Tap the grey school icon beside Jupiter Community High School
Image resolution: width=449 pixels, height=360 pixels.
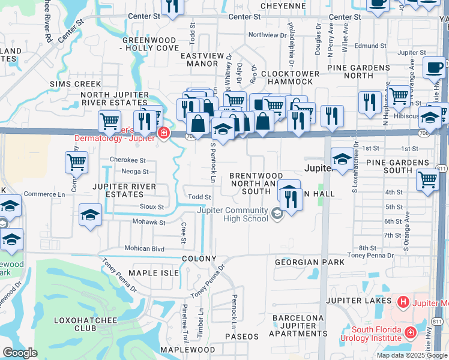pos(277,214)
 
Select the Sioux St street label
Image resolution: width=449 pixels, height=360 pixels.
pos(152,207)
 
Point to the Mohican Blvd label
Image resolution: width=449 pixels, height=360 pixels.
pos(144,248)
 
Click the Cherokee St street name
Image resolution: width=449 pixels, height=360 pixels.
pos(128,160)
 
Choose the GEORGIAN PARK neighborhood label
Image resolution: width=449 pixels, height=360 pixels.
pos(310,262)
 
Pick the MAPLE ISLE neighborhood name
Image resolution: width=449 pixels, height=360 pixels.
pos(154,273)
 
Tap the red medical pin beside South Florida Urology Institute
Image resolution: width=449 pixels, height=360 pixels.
pos(411,332)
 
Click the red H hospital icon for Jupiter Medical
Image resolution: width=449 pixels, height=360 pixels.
pos(403,301)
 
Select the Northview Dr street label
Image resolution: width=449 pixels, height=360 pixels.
pos(268,35)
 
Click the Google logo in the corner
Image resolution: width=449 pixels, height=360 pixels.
pos(20,353)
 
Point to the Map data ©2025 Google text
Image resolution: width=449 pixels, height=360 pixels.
pos(412,355)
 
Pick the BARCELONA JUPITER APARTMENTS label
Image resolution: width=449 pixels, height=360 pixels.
pos(298,325)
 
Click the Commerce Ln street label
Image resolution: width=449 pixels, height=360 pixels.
pos(44,194)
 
